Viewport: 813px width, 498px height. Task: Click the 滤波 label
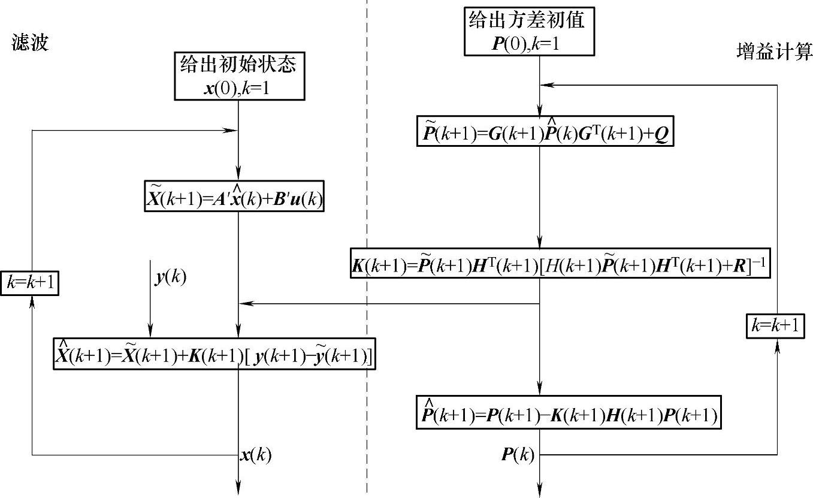coord(29,43)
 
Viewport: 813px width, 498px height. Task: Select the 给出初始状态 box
coord(238,76)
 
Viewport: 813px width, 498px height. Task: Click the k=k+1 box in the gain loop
coord(776,326)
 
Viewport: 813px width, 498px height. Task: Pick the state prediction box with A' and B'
coord(234,196)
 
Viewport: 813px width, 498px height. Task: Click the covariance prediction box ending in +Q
coord(545,131)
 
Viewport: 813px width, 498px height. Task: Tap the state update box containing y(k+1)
coord(214,354)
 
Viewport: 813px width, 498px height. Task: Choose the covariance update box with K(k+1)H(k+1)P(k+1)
coord(568,412)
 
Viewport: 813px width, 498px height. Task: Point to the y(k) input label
coord(170,278)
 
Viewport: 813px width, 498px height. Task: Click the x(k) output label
coord(256,455)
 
